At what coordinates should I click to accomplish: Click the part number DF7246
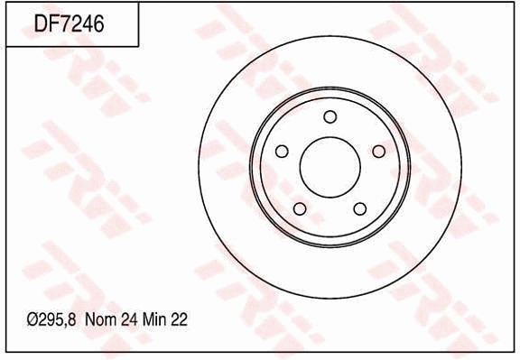pyautogui.click(x=69, y=24)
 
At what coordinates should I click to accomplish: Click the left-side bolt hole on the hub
pyautogui.click(x=282, y=151)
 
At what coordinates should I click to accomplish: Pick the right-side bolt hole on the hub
pyautogui.click(x=378, y=151)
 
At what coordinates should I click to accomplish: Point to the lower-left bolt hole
pyautogui.click(x=300, y=209)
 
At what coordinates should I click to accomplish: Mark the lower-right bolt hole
pyautogui.click(x=359, y=208)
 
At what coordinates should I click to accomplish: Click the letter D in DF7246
pyautogui.click(x=40, y=24)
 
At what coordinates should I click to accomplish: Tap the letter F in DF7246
pyautogui.click(x=52, y=24)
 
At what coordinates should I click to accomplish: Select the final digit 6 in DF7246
pyautogui.click(x=98, y=24)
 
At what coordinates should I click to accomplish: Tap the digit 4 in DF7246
pyautogui.click(x=87, y=24)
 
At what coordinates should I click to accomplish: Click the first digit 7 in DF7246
pyautogui.click(x=64, y=24)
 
